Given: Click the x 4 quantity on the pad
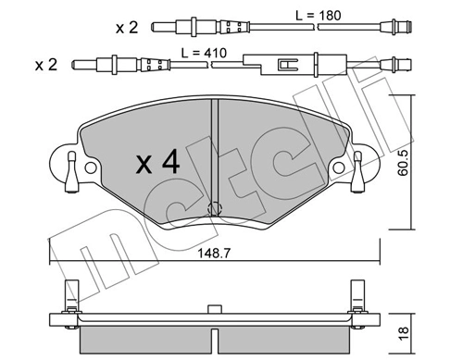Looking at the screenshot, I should (157, 164).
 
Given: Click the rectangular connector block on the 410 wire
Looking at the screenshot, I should (283, 66).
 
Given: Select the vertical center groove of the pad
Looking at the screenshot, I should (214, 148).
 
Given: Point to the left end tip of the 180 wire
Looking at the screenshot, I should (155, 26).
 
